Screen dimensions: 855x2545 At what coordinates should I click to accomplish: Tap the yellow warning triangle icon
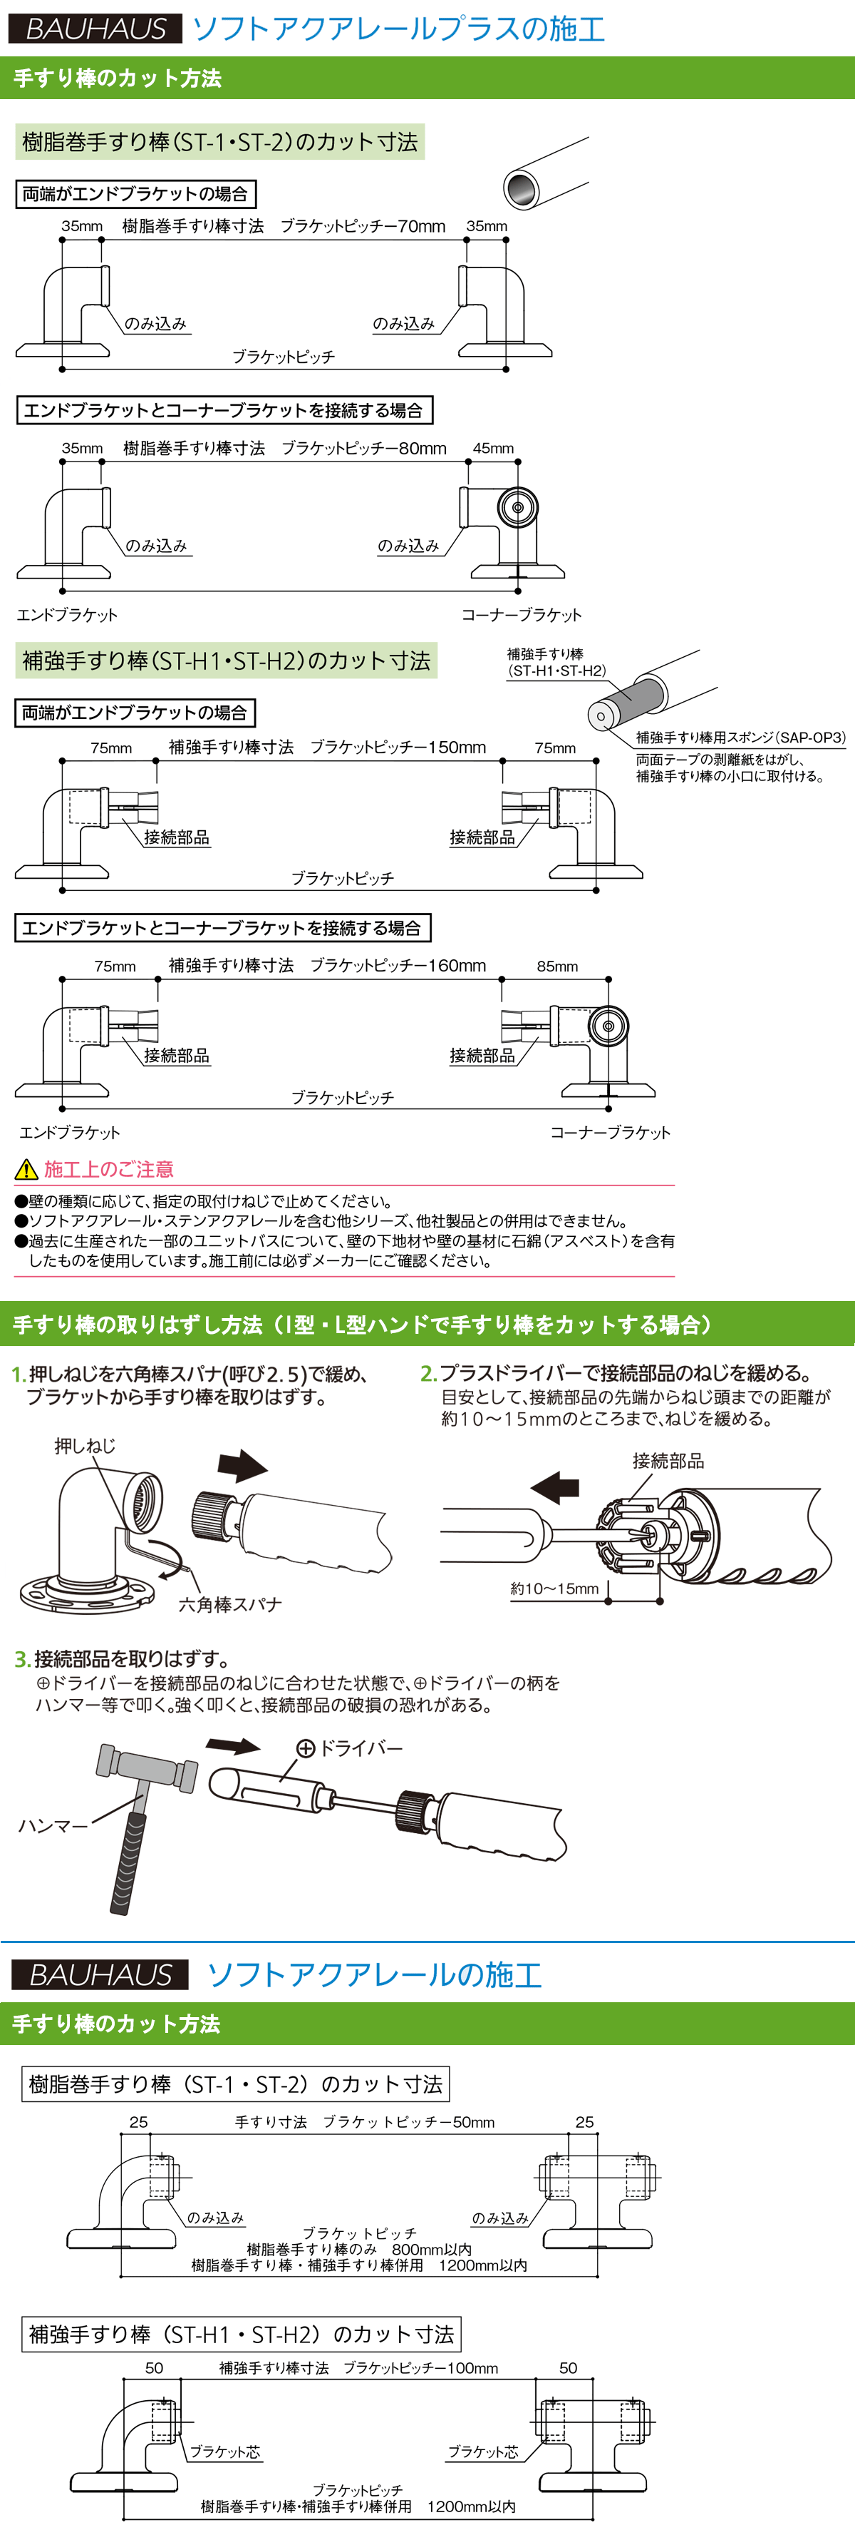tap(26, 1170)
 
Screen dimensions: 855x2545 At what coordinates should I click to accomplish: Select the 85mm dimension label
tap(558, 967)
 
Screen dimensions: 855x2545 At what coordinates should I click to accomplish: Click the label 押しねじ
tap(85, 1447)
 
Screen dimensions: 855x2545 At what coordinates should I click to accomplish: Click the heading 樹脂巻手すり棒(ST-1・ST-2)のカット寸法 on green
tap(220, 142)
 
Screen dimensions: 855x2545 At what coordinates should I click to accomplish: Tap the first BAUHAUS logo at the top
tap(95, 29)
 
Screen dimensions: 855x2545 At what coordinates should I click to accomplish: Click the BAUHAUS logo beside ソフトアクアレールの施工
tap(100, 1974)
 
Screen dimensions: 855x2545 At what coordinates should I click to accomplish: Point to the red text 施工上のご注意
tap(108, 1170)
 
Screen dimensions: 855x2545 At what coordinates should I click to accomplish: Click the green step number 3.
tap(21, 1659)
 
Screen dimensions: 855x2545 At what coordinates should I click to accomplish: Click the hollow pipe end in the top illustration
tap(522, 187)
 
